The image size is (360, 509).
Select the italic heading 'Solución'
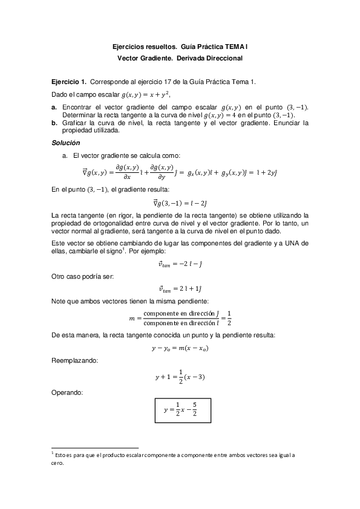pyautogui.click(x=65, y=143)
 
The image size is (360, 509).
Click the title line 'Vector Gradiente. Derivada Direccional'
pyautogui.click(x=180, y=58)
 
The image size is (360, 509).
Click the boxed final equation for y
pyautogui.click(x=180, y=410)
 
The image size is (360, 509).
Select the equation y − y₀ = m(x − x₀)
pyautogui.click(x=180, y=348)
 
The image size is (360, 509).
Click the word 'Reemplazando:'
pyautogui.click(x=73, y=361)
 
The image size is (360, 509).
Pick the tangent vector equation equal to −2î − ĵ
pyautogui.click(x=180, y=263)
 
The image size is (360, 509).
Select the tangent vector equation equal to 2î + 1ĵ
pyautogui.click(x=180, y=289)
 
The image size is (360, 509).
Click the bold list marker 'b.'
pyautogui.click(x=54, y=123)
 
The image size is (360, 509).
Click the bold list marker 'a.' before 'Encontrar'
pyautogui.click(x=54, y=107)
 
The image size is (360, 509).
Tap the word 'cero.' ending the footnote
pyautogui.click(x=57, y=464)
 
